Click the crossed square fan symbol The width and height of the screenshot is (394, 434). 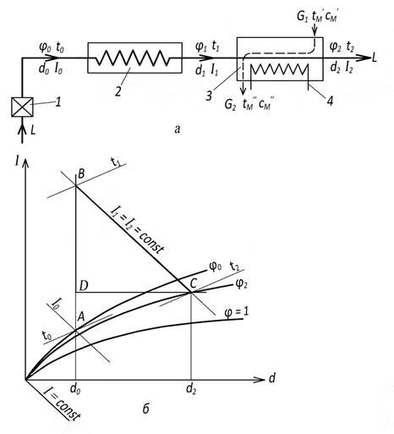22,107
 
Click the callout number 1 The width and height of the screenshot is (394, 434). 57,102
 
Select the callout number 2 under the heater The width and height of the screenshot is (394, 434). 118,91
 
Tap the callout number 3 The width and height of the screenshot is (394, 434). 209,96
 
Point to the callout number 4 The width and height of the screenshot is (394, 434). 330,101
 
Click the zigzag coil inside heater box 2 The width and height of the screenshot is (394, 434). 133,58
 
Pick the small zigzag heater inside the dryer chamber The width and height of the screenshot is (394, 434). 278,69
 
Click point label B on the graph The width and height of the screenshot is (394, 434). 81,173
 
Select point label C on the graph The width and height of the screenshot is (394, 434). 193,283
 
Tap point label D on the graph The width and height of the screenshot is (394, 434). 84,286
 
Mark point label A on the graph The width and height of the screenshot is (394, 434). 81,317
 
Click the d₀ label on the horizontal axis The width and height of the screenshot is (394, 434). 75,390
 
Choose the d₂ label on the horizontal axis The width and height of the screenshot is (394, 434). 191,389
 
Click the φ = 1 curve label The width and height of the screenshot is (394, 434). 237,312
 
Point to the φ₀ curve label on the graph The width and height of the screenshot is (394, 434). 216,266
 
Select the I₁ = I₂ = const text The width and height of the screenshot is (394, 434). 137,230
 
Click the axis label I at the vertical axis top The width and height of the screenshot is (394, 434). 18,162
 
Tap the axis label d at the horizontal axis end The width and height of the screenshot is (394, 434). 271,378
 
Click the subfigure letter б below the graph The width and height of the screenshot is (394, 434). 145,409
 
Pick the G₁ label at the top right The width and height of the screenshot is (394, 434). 303,17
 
